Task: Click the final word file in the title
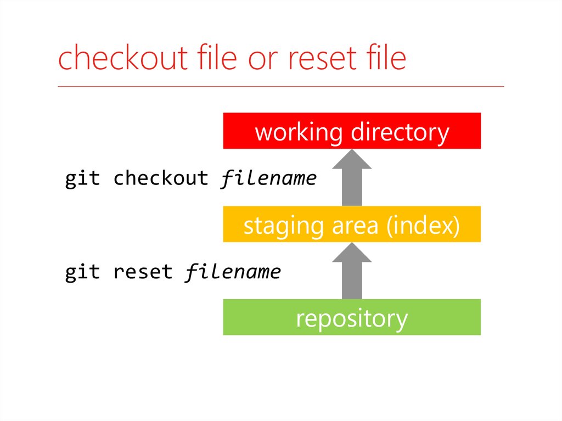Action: point(385,59)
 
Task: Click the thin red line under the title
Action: point(280,87)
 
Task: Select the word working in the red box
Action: point(299,132)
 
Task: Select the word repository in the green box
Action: point(352,318)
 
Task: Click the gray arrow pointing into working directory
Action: point(352,178)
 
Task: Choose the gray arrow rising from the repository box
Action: point(352,272)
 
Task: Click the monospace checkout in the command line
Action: point(161,178)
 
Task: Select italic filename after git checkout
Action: point(268,178)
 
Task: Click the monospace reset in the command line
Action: point(143,272)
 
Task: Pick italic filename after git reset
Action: point(233,272)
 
